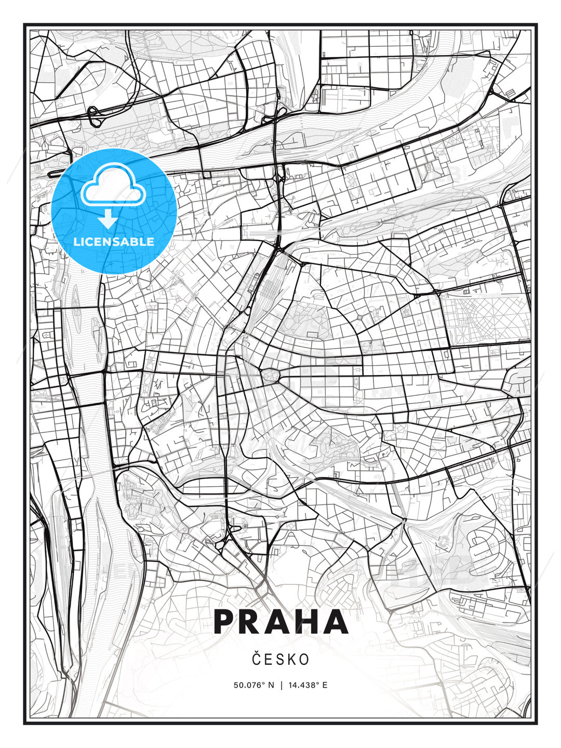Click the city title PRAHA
[280, 622]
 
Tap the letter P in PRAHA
[224, 622]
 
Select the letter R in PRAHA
[251, 622]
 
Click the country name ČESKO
[280, 659]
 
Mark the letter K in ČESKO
[292, 659]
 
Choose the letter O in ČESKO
[304, 659]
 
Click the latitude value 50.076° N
[253, 685]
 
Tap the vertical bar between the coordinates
[281, 685]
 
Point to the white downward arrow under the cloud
[108, 219]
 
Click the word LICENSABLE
[114, 242]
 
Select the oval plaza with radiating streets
[270, 376]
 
